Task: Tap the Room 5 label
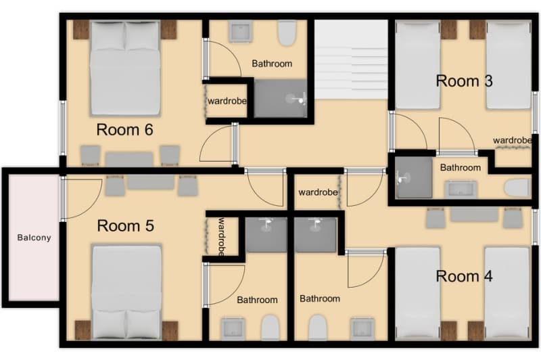pos(125,225)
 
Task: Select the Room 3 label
pos(464,81)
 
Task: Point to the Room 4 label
pos(464,276)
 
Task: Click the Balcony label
pos(34,238)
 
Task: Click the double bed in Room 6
pos(125,68)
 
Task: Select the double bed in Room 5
pos(126,291)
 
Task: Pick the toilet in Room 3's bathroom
pos(519,187)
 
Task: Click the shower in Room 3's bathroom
pos(413,178)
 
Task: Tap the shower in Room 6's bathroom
pos(281,99)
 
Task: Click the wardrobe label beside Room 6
pos(227,101)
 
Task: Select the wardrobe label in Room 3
pos(512,141)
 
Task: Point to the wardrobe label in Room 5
pos(221,237)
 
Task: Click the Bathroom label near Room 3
pos(461,168)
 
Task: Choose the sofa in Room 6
pos(129,158)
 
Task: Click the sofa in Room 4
pos(474,215)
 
